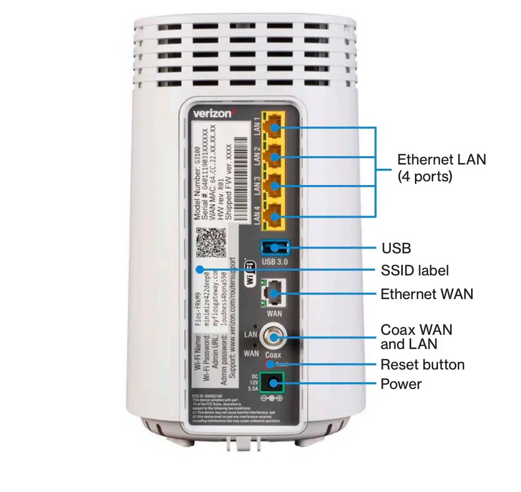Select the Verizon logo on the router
pyautogui.click(x=212, y=113)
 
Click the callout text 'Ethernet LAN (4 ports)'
pyautogui.click(x=441, y=168)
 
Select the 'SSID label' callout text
pyautogui.click(x=414, y=270)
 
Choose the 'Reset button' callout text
pyautogui.click(x=422, y=364)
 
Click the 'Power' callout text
pyautogui.click(x=401, y=384)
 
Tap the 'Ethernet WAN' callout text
pyautogui.click(x=426, y=293)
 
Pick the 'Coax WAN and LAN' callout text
pyautogui.click(x=416, y=337)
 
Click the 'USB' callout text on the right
pyautogui.click(x=395, y=248)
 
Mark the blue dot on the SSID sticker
pyautogui.click(x=200, y=270)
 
